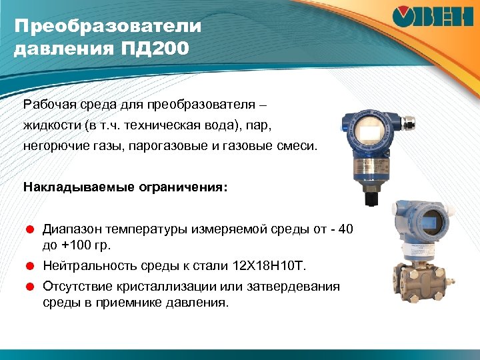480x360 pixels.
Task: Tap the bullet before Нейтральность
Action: point(29,266)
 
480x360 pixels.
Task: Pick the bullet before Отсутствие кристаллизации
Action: point(29,287)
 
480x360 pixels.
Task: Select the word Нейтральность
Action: point(90,266)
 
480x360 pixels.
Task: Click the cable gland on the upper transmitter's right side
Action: point(408,122)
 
